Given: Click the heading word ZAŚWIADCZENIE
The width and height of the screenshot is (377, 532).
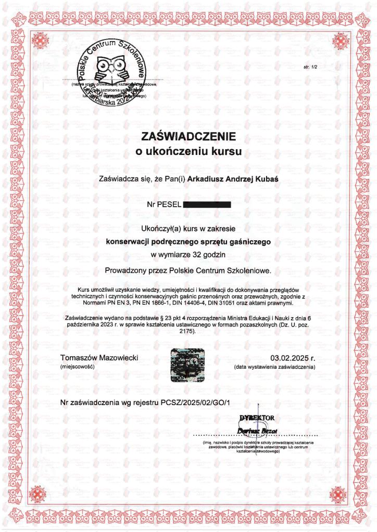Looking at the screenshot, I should coord(188,137).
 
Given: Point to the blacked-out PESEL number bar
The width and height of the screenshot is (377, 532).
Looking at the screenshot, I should coord(207,205).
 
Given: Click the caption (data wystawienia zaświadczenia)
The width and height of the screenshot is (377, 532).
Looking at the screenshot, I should coord(274,367).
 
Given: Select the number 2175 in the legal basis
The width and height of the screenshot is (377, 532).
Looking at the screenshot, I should coord(186,331).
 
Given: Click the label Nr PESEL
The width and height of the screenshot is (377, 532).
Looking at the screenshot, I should coord(164,205).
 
